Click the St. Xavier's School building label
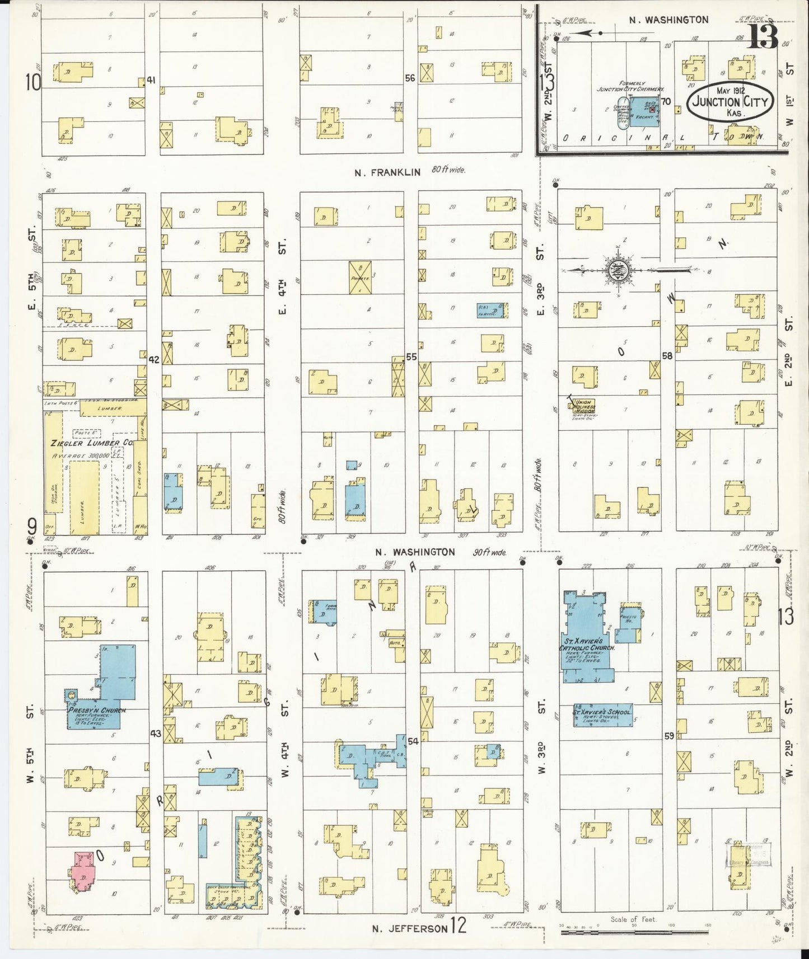click(x=602, y=712)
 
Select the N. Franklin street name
click(x=387, y=172)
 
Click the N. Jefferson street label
click(x=410, y=928)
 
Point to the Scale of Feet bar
click(x=634, y=933)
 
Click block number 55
click(x=411, y=356)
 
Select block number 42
click(x=154, y=360)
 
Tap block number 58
click(x=667, y=355)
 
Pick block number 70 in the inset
click(x=666, y=101)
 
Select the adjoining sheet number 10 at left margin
click(x=33, y=83)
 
